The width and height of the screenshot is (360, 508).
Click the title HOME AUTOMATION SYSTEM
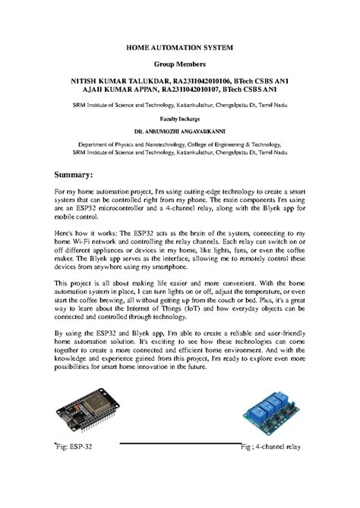click(x=179, y=47)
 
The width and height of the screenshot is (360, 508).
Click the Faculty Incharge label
click(x=179, y=119)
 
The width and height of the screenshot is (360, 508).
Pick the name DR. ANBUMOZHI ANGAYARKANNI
click(x=179, y=131)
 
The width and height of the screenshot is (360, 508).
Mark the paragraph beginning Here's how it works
click(x=179, y=252)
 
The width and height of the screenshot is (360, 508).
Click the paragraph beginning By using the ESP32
click(x=179, y=349)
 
